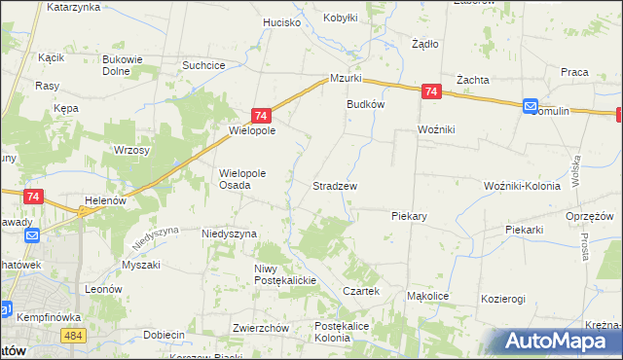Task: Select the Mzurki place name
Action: (x=346, y=78)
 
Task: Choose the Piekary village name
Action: (x=411, y=215)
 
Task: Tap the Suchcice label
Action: (x=204, y=65)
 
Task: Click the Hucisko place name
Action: (x=282, y=21)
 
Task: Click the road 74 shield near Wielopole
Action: (x=260, y=115)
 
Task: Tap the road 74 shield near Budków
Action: (x=432, y=92)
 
